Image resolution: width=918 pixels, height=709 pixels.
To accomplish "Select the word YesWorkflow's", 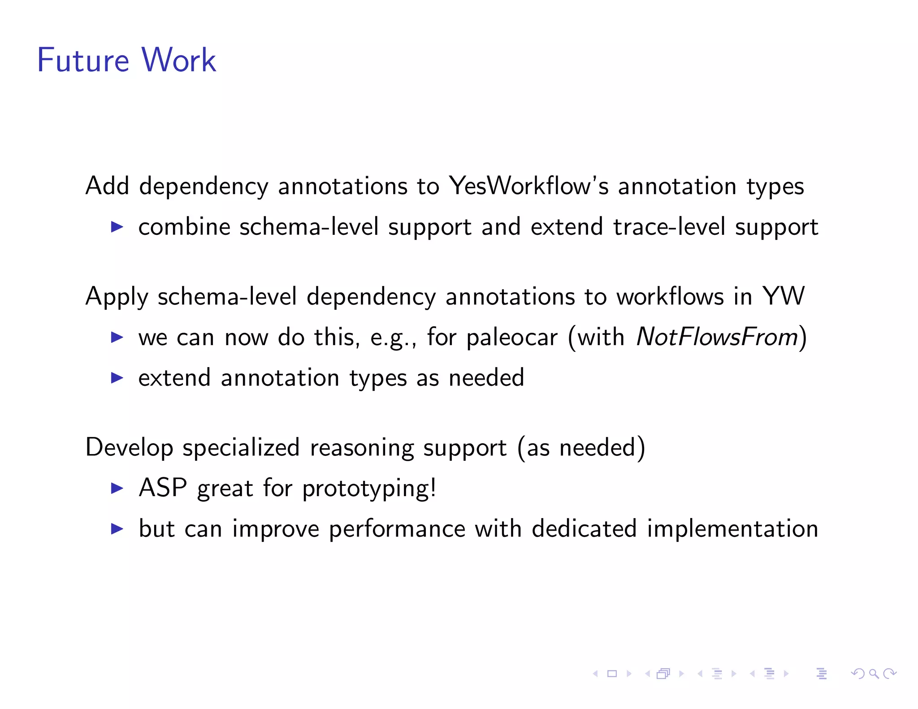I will pyautogui.click(x=529, y=186).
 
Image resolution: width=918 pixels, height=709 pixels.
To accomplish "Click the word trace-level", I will pyautogui.click(x=669, y=227).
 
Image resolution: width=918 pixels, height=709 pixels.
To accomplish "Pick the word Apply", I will pyautogui.click(x=117, y=297).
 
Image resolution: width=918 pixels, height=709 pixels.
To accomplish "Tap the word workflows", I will pyautogui.click(x=670, y=297).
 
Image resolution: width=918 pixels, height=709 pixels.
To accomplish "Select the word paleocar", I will pyautogui.click(x=512, y=337).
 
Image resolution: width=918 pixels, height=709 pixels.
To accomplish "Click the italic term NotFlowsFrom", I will pyautogui.click(x=717, y=337).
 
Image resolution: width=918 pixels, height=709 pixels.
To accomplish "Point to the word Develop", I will pyautogui.click(x=129, y=448).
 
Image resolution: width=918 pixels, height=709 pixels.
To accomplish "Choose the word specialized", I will pyautogui.click(x=241, y=448).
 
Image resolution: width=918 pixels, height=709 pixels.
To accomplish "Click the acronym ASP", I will pyautogui.click(x=163, y=488).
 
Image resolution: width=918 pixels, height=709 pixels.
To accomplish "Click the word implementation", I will pyautogui.click(x=732, y=529).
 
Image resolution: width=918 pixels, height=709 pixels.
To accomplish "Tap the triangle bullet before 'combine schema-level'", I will pyautogui.click(x=117, y=227).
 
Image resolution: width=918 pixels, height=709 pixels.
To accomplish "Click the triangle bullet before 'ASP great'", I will pyautogui.click(x=117, y=488).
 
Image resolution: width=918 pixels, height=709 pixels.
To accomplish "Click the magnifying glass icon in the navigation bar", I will pyautogui.click(x=874, y=674).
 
